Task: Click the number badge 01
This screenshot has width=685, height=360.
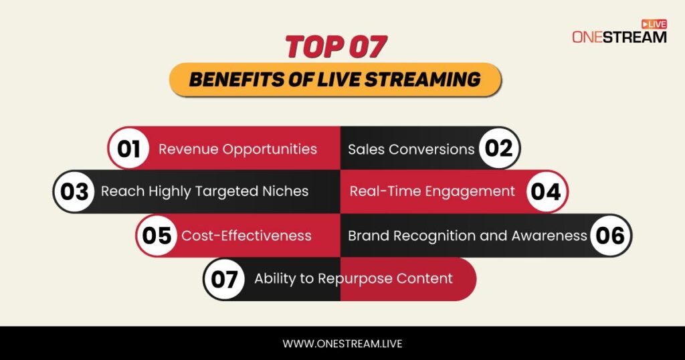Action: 128,149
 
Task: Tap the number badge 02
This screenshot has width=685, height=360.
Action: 498,149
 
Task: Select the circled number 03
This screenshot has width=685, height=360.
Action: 74,192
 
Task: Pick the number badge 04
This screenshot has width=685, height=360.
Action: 546,192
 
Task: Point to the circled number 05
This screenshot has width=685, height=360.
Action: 157,236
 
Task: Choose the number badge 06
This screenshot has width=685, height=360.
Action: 610,236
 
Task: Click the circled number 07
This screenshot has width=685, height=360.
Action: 224,279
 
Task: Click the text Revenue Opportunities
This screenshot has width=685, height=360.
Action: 237,149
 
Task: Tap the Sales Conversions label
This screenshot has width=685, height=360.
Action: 411,149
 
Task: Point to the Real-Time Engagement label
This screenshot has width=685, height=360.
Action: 432,191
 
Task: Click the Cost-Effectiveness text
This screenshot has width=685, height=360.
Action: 246,236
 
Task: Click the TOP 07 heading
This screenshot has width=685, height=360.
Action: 336,48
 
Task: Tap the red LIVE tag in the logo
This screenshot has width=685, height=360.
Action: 654,23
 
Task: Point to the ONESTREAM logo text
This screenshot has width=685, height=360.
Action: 619,37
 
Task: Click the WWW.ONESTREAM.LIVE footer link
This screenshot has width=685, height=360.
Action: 342,344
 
